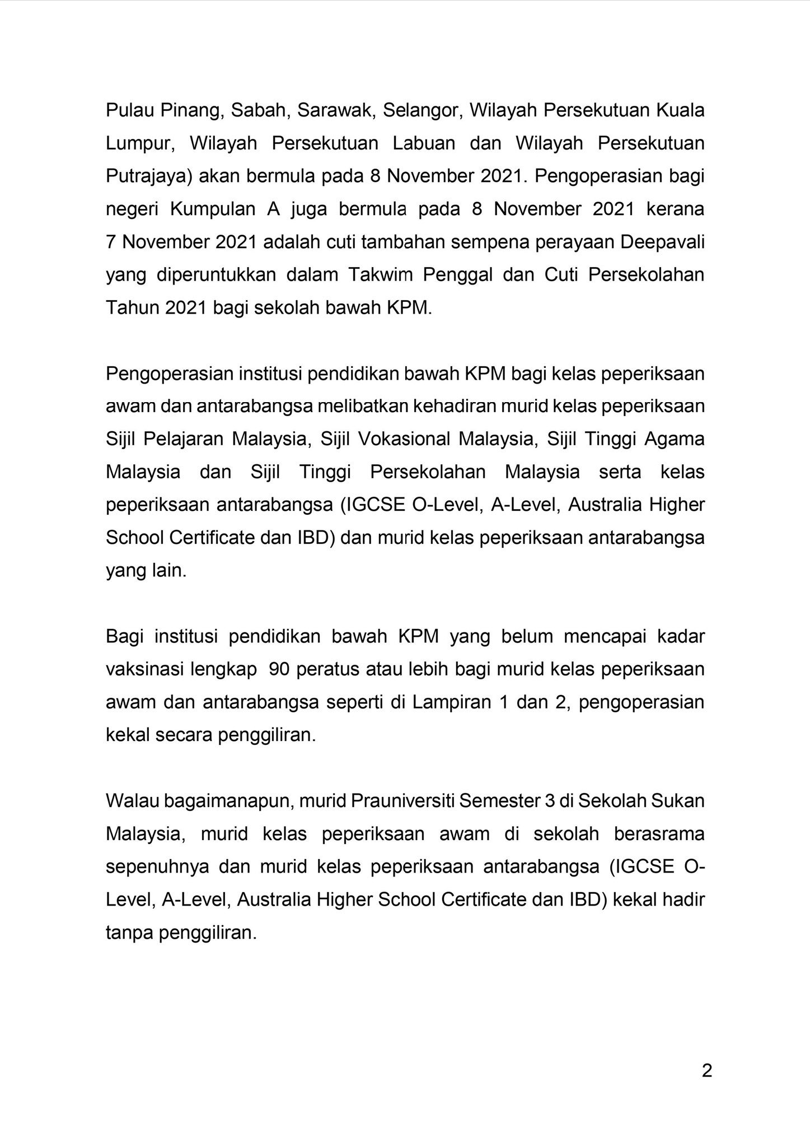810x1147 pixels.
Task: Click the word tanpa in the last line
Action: [129, 934]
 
